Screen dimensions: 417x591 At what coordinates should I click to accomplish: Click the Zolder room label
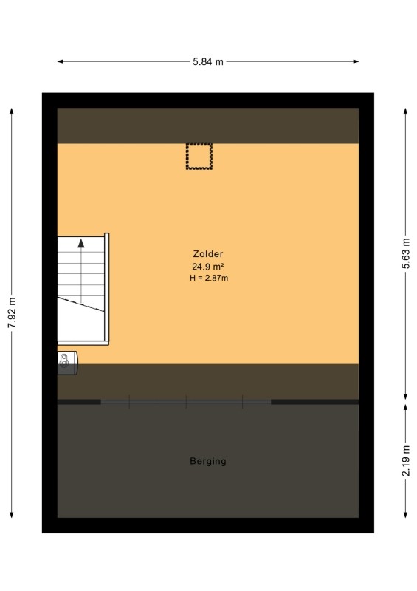(x=208, y=254)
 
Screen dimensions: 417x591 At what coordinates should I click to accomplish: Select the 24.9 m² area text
(x=208, y=267)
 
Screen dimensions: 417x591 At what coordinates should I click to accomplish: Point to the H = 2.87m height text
(x=209, y=279)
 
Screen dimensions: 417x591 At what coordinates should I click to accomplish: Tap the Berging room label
(x=208, y=461)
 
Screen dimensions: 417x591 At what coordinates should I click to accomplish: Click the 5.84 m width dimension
(x=208, y=61)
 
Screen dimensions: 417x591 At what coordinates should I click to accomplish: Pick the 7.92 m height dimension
(x=12, y=312)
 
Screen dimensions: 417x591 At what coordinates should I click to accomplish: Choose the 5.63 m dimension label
(x=405, y=253)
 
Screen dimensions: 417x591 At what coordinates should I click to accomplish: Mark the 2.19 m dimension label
(x=405, y=460)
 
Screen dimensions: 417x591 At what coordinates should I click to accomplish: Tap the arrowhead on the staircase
(x=81, y=244)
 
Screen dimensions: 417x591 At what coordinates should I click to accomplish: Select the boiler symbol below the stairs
(x=68, y=363)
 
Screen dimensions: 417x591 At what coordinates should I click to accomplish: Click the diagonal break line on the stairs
(x=80, y=304)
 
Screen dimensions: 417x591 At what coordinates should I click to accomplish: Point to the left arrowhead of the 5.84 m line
(x=60, y=61)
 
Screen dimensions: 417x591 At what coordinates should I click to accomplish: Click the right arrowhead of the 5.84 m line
(x=356, y=61)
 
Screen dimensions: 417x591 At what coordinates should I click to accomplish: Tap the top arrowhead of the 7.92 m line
(x=12, y=111)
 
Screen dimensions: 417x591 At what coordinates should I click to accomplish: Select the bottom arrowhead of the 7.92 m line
(x=12, y=515)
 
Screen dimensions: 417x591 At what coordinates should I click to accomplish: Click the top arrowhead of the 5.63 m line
(x=405, y=111)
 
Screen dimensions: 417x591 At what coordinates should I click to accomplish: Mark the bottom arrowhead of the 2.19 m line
(x=405, y=515)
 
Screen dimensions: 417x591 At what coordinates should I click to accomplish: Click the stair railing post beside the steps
(x=106, y=289)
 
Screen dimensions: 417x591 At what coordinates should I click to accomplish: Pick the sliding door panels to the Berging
(x=186, y=402)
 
